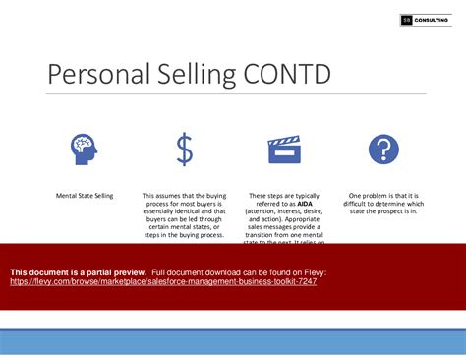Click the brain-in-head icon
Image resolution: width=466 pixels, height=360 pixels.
[85, 150]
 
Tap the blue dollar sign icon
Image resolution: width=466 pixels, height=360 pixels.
[184, 150]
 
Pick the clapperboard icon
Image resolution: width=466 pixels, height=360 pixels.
[284, 150]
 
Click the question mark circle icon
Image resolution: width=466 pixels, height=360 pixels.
[383, 150]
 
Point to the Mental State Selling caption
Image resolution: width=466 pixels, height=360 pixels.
[85, 196]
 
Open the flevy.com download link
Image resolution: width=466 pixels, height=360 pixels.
[163, 280]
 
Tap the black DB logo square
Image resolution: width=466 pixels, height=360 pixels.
[406, 20]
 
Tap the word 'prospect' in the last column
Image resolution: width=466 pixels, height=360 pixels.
[386, 211]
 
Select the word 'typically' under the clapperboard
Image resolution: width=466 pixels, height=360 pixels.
[304, 196]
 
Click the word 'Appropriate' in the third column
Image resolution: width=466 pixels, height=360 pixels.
[302, 219]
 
